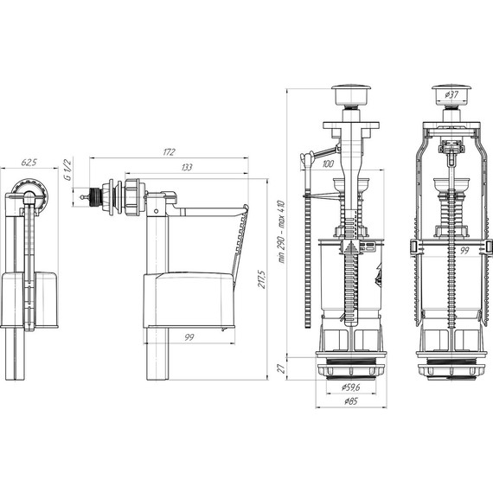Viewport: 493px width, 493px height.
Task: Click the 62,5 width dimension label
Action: (29, 163)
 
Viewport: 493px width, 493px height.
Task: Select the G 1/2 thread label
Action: (67, 170)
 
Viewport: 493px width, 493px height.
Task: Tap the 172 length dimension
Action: (169, 152)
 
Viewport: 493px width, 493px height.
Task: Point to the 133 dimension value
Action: (187, 167)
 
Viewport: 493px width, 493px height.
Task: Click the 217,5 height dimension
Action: (261, 279)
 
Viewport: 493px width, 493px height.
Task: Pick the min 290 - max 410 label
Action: (282, 232)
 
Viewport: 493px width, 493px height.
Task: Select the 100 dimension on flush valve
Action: (328, 163)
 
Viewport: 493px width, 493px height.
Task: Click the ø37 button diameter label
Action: (451, 94)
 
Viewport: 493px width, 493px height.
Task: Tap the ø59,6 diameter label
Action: (350, 387)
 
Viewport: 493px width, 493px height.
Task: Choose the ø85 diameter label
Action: (350, 401)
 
